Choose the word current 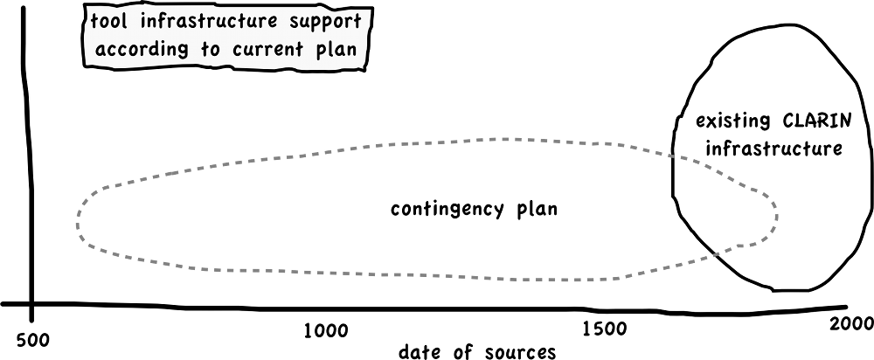[267, 50]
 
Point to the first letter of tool [94, 20]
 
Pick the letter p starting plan [316, 52]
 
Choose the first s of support [294, 21]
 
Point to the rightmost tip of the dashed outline [777, 214]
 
